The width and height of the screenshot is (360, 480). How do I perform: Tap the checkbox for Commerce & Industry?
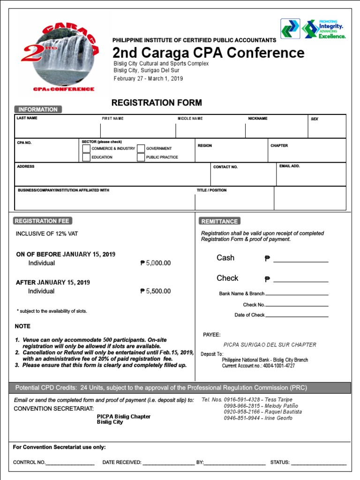[86, 148]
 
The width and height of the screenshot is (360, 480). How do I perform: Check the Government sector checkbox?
[141, 148]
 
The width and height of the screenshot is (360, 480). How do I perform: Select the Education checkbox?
[86, 157]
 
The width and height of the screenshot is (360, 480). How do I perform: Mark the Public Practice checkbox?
[141, 157]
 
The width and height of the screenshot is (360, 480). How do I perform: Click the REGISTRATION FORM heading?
[157, 103]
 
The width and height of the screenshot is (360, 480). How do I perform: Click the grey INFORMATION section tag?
[38, 109]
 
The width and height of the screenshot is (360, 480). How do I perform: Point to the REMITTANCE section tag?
[219, 221]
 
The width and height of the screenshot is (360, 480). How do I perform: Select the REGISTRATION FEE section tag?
[43, 221]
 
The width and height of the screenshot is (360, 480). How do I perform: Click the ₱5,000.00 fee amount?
[156, 263]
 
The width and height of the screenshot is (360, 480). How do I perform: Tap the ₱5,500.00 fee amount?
[156, 291]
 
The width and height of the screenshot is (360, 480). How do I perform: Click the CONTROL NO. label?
[29, 462]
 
